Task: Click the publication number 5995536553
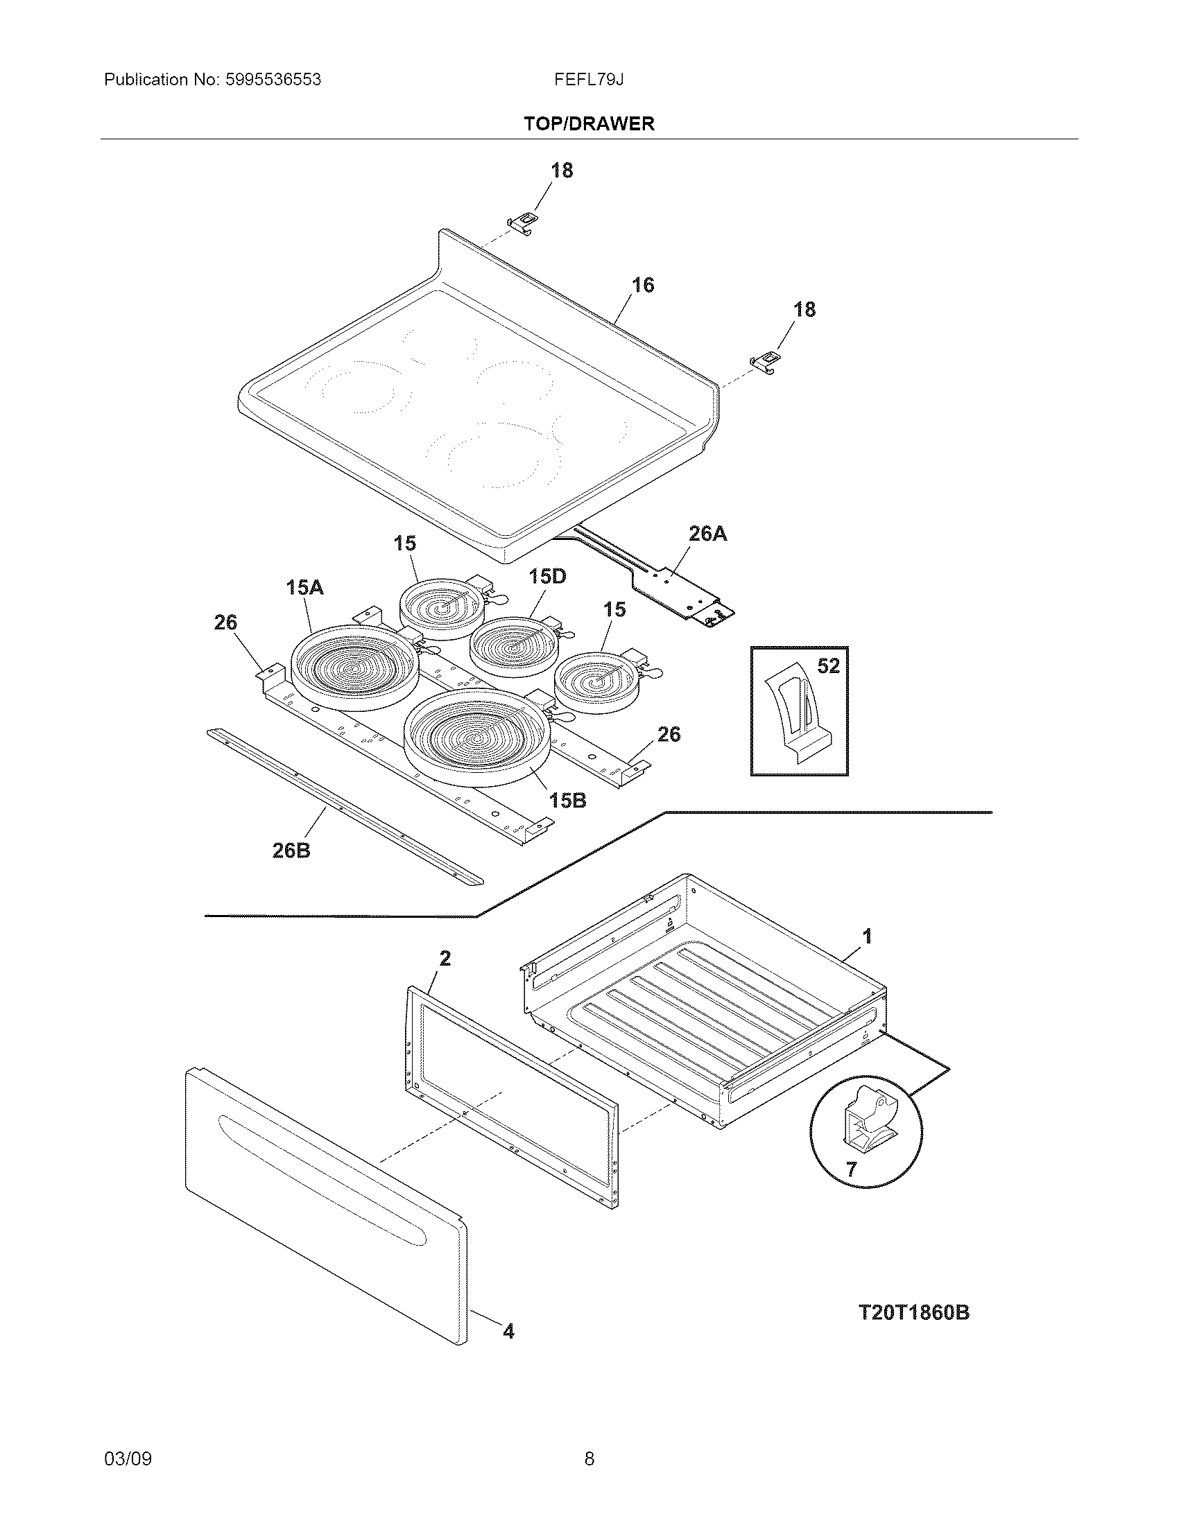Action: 273,80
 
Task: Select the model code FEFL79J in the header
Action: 589,80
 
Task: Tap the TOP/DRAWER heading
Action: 589,123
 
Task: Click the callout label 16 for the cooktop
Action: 643,285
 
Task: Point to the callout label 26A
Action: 707,534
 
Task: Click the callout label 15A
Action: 304,587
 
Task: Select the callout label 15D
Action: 547,576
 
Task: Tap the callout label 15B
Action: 567,800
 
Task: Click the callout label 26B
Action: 291,850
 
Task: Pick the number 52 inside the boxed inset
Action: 827,666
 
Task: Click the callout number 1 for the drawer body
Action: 867,936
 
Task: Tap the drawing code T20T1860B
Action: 913,1312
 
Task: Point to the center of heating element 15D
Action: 514,647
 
